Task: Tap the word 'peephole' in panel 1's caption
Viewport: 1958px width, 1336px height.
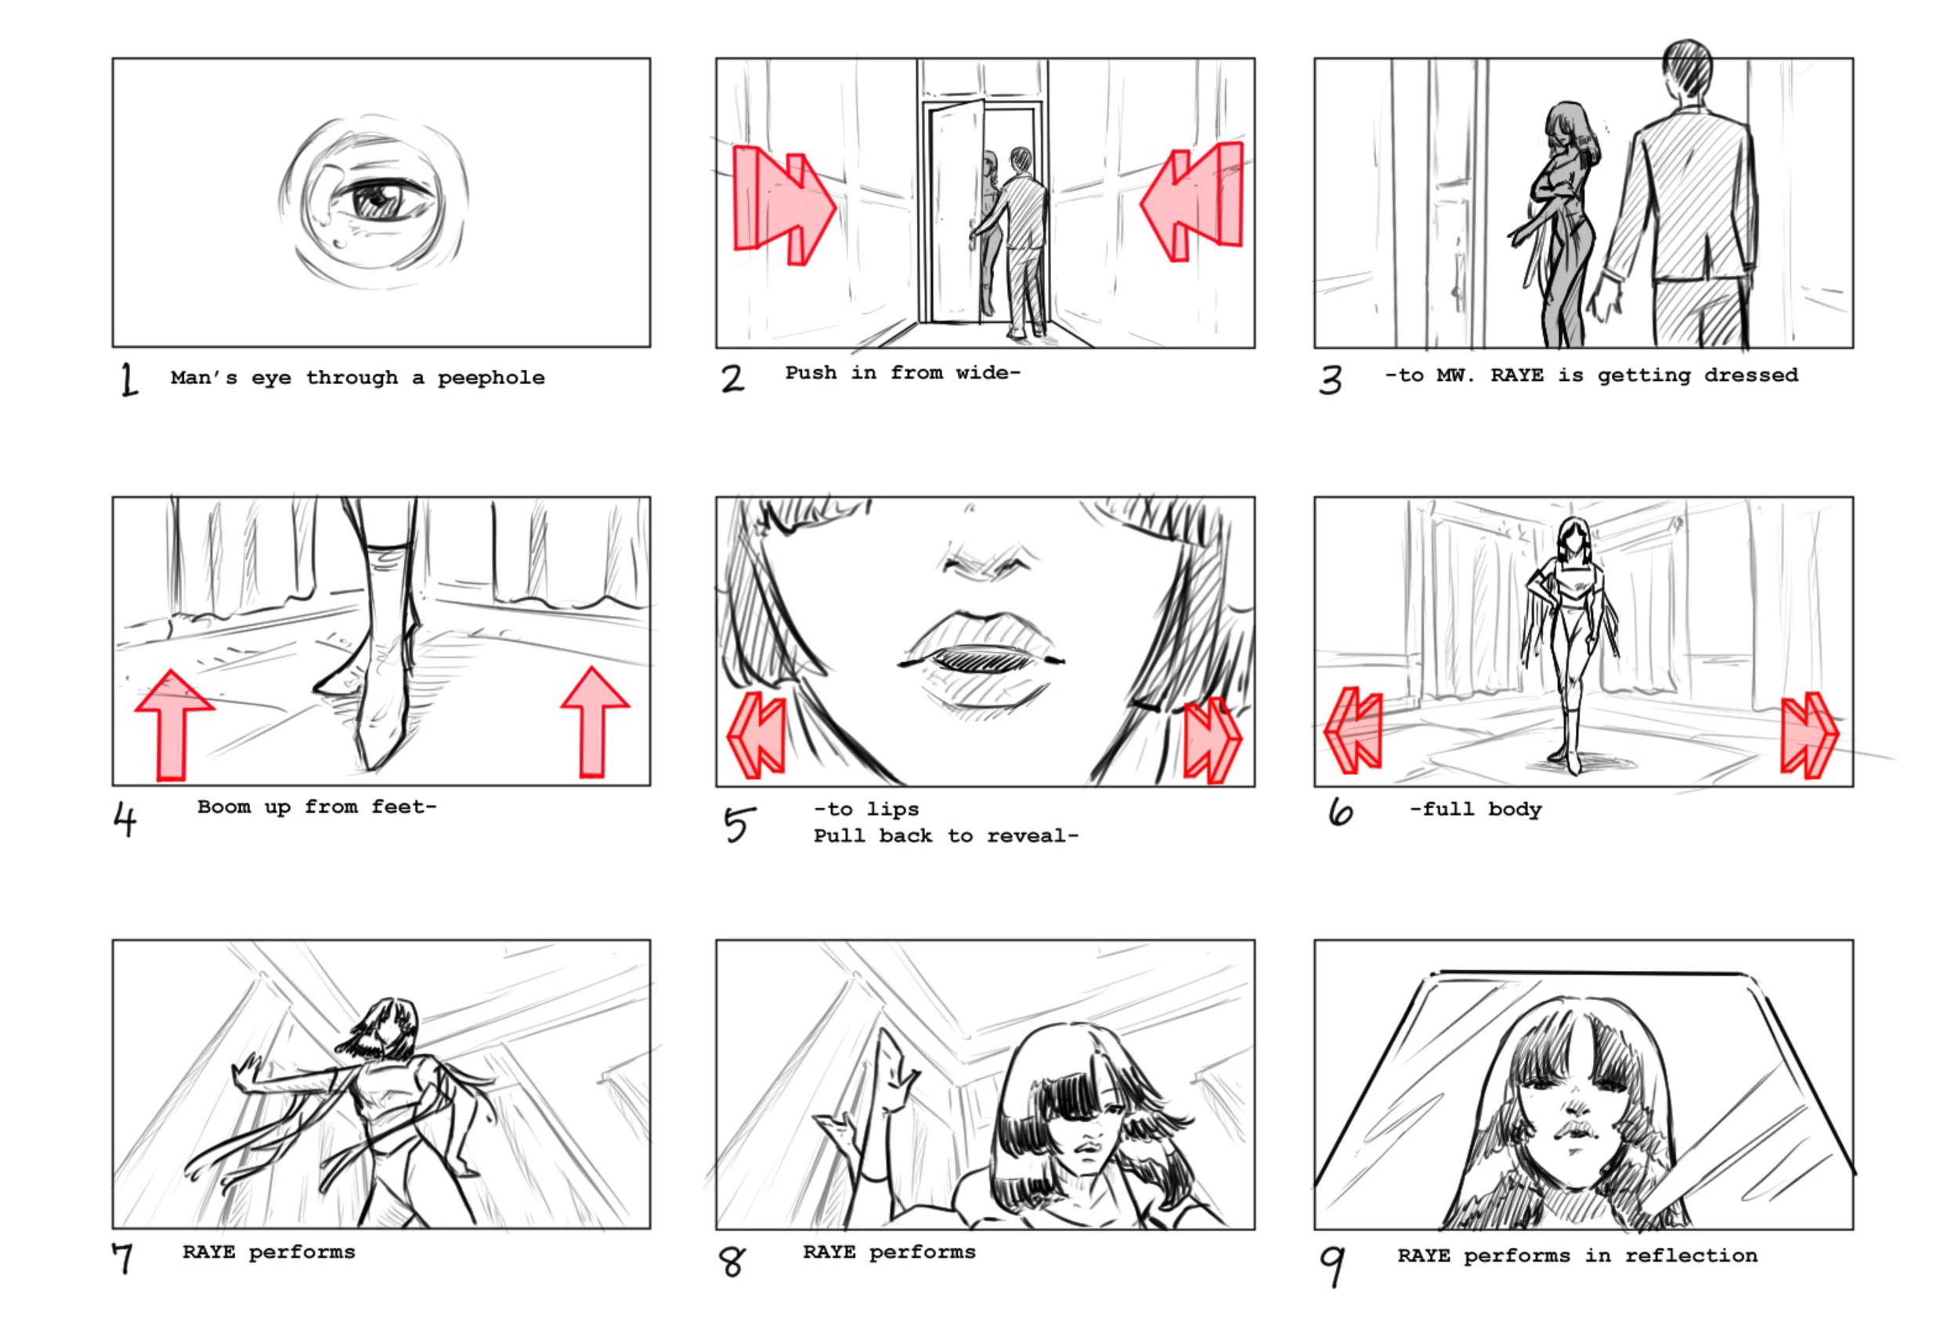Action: click(491, 378)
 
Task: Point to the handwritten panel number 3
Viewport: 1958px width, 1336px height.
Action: click(1331, 380)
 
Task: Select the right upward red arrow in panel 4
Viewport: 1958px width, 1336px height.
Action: click(594, 722)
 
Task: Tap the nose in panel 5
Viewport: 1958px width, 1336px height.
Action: click(988, 560)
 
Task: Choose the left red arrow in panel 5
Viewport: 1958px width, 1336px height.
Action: click(756, 735)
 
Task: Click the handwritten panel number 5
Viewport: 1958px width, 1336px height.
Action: click(739, 824)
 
